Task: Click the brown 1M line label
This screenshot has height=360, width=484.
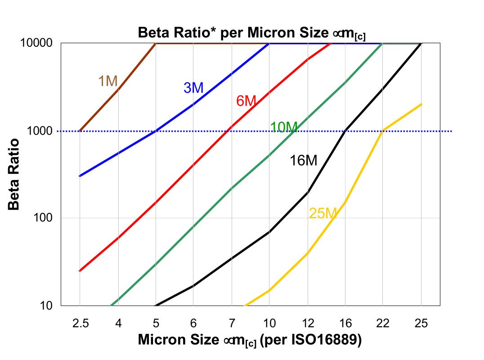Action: (108, 81)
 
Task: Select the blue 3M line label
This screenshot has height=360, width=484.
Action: (193, 88)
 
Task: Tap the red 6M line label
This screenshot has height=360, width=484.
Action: (246, 101)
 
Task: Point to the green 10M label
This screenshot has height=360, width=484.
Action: (283, 128)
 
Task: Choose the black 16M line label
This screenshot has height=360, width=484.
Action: (303, 161)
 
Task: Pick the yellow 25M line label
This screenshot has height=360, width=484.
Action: (323, 214)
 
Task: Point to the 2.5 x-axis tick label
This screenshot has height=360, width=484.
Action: (80, 323)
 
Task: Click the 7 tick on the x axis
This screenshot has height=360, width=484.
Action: (231, 323)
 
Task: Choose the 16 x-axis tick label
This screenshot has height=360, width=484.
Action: (345, 323)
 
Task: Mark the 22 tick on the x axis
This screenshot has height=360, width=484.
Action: (383, 323)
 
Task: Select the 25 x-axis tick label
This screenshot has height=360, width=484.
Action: (421, 323)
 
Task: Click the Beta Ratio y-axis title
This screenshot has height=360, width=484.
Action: (14, 174)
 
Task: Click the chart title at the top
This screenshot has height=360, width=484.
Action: (251, 33)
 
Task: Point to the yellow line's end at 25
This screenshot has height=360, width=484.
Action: (421, 104)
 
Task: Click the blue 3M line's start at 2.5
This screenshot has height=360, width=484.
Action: (80, 176)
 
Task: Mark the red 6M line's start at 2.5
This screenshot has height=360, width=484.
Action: (80, 271)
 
